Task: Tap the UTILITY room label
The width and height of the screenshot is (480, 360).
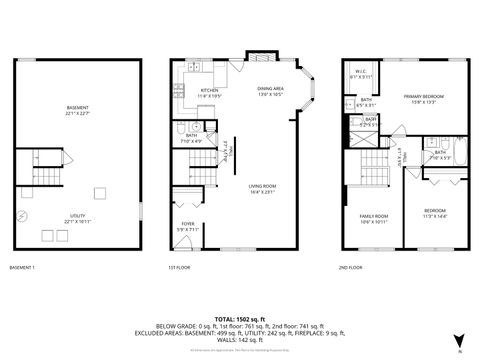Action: [x=78, y=221]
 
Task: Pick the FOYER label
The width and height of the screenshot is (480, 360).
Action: [x=188, y=225]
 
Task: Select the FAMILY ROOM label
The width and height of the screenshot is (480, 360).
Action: [x=374, y=218]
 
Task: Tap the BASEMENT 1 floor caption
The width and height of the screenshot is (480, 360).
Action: [x=22, y=267]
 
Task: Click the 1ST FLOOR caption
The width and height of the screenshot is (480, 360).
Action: [x=178, y=267]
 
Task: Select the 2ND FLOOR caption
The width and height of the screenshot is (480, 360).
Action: [x=351, y=267]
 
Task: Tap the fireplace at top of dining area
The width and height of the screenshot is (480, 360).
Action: [x=258, y=56]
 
